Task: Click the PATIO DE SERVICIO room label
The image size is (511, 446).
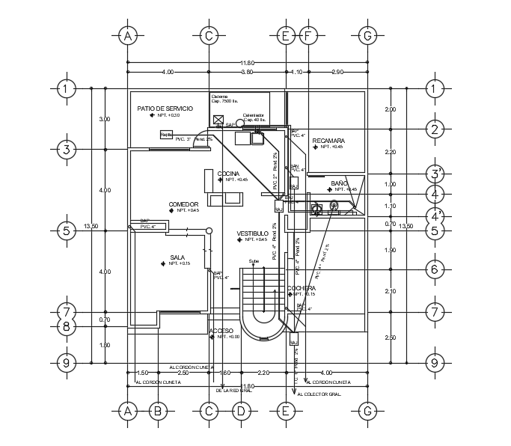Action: pyautogui.click(x=165, y=109)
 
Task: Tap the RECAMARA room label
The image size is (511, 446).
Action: pyautogui.click(x=328, y=141)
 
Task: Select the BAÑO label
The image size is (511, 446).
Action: pyautogui.click(x=339, y=183)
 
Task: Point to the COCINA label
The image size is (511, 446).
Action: pyautogui.click(x=228, y=174)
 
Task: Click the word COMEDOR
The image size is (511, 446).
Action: pyautogui.click(x=183, y=204)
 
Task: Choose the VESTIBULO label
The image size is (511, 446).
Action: pyautogui.click(x=252, y=233)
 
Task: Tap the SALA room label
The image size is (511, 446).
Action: pyautogui.click(x=177, y=257)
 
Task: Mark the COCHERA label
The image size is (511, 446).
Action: pyautogui.click(x=301, y=288)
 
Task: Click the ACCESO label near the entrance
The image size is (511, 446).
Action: pyautogui.click(x=221, y=330)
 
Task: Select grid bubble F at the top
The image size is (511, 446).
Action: pyautogui.click(x=307, y=35)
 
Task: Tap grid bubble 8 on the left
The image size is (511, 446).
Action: pyautogui.click(x=67, y=326)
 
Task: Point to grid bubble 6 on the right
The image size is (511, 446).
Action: pyautogui.click(x=433, y=269)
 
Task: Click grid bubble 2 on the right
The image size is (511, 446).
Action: pyautogui.click(x=433, y=129)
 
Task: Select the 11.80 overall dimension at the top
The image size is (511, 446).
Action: pyautogui.click(x=247, y=62)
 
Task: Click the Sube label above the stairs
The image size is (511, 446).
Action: pyautogui.click(x=254, y=261)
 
